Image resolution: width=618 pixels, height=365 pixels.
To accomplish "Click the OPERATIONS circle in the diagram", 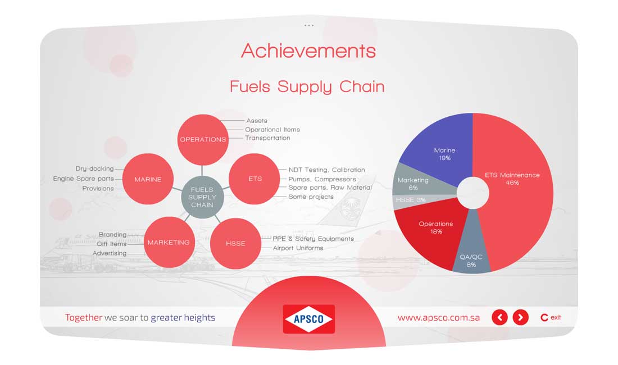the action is [x=203, y=139].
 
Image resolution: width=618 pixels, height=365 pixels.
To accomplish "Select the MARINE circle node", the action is [x=148, y=179].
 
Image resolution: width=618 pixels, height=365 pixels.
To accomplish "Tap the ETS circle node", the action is [x=255, y=179].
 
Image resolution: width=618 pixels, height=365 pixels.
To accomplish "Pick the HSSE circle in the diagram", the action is [x=236, y=243].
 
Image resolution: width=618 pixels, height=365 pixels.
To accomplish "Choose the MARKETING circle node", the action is [x=169, y=242].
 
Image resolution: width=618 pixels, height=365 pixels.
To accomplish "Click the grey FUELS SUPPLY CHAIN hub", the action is [x=202, y=197].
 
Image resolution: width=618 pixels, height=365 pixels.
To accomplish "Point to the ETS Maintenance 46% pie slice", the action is [x=516, y=185].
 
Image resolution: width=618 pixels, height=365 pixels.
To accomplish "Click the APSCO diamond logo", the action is [x=309, y=319].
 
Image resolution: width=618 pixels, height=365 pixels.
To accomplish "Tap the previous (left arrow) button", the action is [x=500, y=317].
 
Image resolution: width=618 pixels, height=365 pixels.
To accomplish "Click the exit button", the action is [x=551, y=317].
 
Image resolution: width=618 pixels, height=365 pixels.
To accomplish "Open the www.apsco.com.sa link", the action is [x=439, y=318].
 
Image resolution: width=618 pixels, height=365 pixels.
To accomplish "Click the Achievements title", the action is [x=308, y=51].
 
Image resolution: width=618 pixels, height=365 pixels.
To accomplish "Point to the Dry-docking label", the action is [x=94, y=168].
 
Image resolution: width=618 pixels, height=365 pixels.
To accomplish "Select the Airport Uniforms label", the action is [x=298, y=248].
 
